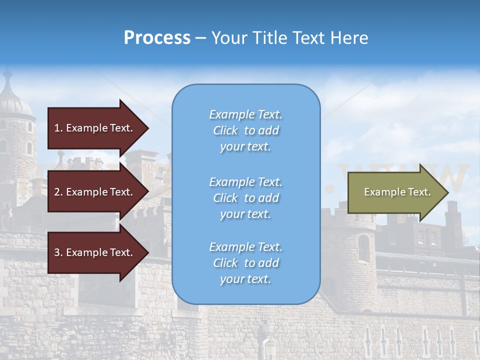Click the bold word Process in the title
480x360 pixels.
(157, 38)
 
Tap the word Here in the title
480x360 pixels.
(349, 38)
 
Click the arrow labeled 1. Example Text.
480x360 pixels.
(95, 128)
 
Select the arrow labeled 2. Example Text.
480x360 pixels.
(95, 192)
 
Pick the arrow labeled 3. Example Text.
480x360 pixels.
(95, 252)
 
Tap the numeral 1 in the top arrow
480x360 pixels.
(57, 128)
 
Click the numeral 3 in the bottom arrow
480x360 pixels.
(57, 252)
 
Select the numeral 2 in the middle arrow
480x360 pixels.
(57, 192)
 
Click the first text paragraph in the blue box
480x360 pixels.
(245, 130)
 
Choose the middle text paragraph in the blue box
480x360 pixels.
(245, 198)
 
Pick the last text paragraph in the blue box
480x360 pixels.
(245, 263)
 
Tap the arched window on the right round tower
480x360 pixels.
(363, 248)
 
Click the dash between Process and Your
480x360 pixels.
(200, 38)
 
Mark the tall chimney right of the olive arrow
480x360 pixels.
(453, 215)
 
